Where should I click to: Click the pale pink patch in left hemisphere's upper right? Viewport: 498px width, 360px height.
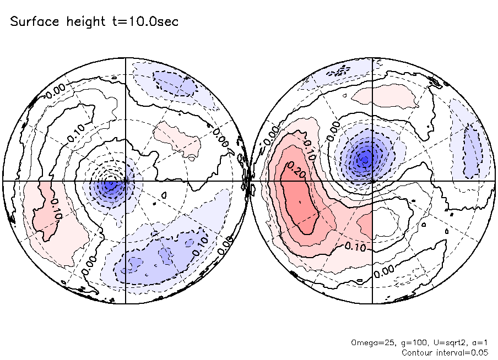point(178,140)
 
